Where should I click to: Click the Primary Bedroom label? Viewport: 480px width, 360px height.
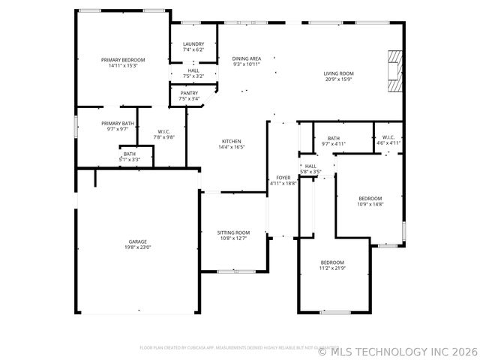click(123, 59)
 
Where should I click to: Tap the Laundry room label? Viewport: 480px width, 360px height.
click(193, 44)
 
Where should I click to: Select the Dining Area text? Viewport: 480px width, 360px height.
click(246, 58)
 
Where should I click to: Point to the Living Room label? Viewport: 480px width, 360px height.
click(338, 73)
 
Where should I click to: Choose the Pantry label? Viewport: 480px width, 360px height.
click(189, 93)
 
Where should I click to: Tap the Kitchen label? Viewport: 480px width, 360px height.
click(231, 142)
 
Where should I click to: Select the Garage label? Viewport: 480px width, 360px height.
click(137, 241)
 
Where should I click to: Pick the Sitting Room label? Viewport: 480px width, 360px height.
click(233, 232)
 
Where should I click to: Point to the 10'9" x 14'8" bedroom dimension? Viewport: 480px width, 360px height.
click(370, 204)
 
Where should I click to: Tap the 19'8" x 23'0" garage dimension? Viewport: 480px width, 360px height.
click(137, 247)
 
